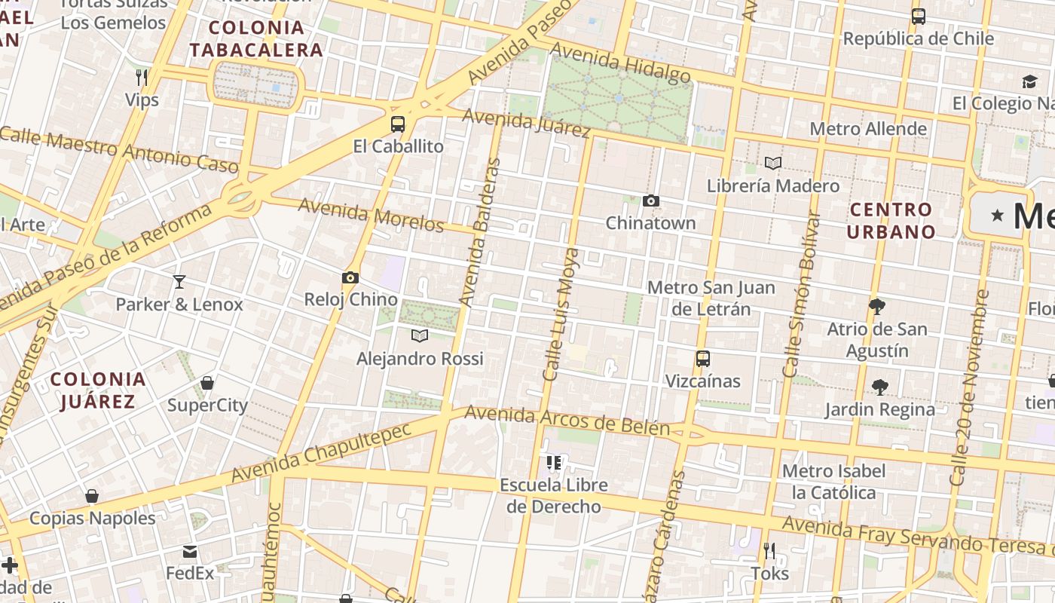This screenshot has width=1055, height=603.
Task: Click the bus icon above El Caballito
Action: click(x=398, y=124)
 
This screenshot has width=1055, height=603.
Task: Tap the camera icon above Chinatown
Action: click(x=651, y=200)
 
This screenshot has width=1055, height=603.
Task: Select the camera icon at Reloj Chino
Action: click(x=350, y=277)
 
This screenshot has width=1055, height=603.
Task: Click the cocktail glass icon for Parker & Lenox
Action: click(x=179, y=282)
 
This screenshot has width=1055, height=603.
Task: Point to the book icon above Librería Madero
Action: click(x=772, y=163)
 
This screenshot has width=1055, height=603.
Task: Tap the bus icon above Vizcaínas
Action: click(x=703, y=359)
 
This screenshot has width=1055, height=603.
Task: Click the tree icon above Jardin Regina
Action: click(x=879, y=387)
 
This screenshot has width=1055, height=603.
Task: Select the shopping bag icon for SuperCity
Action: click(x=207, y=383)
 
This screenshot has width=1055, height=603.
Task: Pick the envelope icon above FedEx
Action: click(x=190, y=552)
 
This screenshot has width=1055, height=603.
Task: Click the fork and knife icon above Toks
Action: click(x=769, y=551)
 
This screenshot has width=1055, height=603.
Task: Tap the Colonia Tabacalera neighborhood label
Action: click(x=256, y=39)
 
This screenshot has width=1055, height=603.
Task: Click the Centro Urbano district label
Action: click(x=891, y=220)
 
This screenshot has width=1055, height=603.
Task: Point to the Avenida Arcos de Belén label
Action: click(x=567, y=421)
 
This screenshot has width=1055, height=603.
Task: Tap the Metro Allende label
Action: click(x=868, y=129)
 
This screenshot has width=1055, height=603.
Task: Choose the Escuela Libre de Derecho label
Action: click(x=554, y=495)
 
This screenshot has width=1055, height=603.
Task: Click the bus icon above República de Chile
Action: click(x=919, y=17)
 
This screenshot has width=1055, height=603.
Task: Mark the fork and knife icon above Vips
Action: click(x=142, y=77)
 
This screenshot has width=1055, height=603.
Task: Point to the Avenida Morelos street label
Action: click(x=371, y=215)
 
